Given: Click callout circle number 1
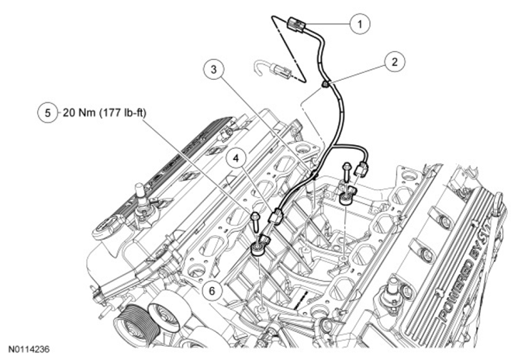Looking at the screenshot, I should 357,24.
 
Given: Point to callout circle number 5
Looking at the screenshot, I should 48,113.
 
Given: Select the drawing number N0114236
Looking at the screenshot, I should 29,350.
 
